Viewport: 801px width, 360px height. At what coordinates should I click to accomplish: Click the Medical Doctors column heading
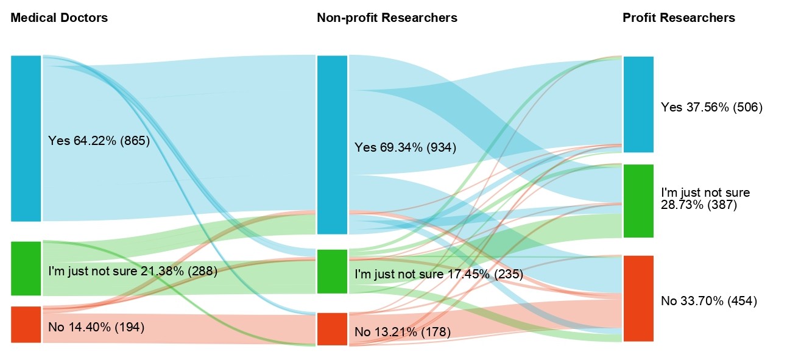click(59, 18)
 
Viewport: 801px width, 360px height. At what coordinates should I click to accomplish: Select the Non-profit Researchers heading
click(387, 18)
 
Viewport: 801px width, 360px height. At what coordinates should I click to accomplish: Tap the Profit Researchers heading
click(679, 18)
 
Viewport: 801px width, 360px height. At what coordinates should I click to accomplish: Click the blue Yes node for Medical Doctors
click(26, 138)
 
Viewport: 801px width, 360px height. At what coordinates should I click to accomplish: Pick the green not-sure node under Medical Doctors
click(26, 268)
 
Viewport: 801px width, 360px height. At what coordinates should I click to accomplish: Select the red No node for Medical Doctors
click(26, 324)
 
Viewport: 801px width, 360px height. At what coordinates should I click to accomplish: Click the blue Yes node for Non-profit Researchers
click(332, 144)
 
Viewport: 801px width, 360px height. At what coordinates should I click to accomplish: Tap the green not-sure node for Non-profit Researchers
click(332, 271)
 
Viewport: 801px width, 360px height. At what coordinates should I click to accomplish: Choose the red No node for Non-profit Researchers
click(332, 329)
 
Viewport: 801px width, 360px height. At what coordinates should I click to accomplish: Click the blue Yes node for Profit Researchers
click(638, 104)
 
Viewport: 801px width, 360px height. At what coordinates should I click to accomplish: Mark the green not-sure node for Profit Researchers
click(638, 200)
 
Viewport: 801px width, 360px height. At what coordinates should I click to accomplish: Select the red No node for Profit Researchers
click(638, 298)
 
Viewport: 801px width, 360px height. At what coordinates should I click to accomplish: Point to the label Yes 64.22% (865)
click(99, 141)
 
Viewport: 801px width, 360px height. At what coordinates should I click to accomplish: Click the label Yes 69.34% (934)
click(405, 147)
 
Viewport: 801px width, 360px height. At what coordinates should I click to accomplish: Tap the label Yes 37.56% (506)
click(711, 107)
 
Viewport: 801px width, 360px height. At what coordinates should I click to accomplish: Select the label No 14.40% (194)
click(96, 327)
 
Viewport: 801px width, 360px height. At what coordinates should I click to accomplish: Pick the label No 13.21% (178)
click(402, 332)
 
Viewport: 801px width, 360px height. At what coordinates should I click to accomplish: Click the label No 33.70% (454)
click(708, 301)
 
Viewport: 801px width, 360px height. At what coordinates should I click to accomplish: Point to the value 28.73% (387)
click(699, 205)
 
